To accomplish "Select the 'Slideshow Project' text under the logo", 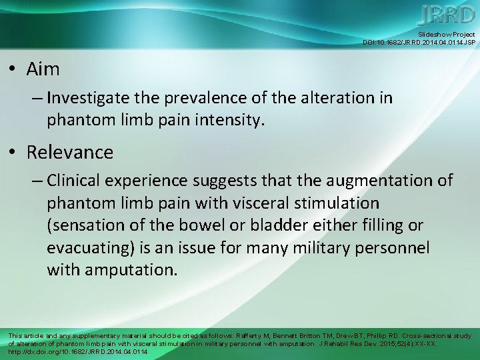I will tap(447, 34).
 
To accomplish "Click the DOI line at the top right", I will tap(419, 42).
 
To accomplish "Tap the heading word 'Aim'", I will tap(43, 69).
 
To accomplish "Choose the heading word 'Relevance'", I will tap(70, 152).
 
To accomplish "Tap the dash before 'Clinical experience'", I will tap(37, 181).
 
